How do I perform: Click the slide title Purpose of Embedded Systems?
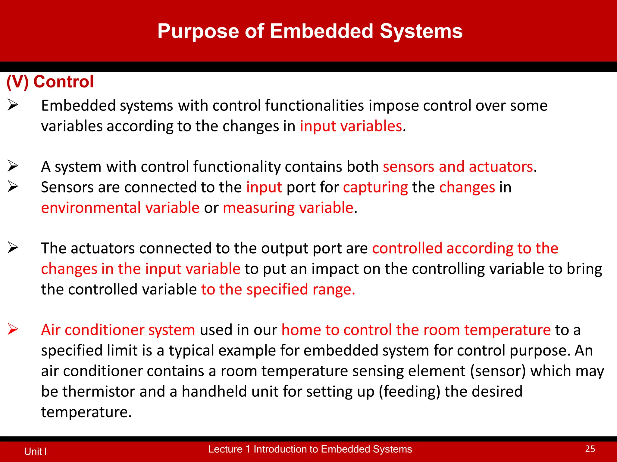coord(310,31)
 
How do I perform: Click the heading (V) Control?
coord(50,82)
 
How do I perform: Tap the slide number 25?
coord(590,449)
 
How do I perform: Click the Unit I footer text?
coord(35,451)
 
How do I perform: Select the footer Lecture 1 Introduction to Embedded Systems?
coord(310,449)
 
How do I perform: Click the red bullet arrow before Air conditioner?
coord(13,329)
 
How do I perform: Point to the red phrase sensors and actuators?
coord(458,167)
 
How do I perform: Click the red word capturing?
coord(375,187)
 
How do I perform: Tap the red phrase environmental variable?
coord(120,208)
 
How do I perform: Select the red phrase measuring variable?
coord(288,208)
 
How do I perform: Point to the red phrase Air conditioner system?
coord(118,330)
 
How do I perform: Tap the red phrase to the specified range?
coord(278,289)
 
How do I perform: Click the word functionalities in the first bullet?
coord(315,106)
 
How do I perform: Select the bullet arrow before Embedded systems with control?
coord(13,105)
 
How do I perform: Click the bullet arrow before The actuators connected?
coord(13,248)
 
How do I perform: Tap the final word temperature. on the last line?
coord(86,412)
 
